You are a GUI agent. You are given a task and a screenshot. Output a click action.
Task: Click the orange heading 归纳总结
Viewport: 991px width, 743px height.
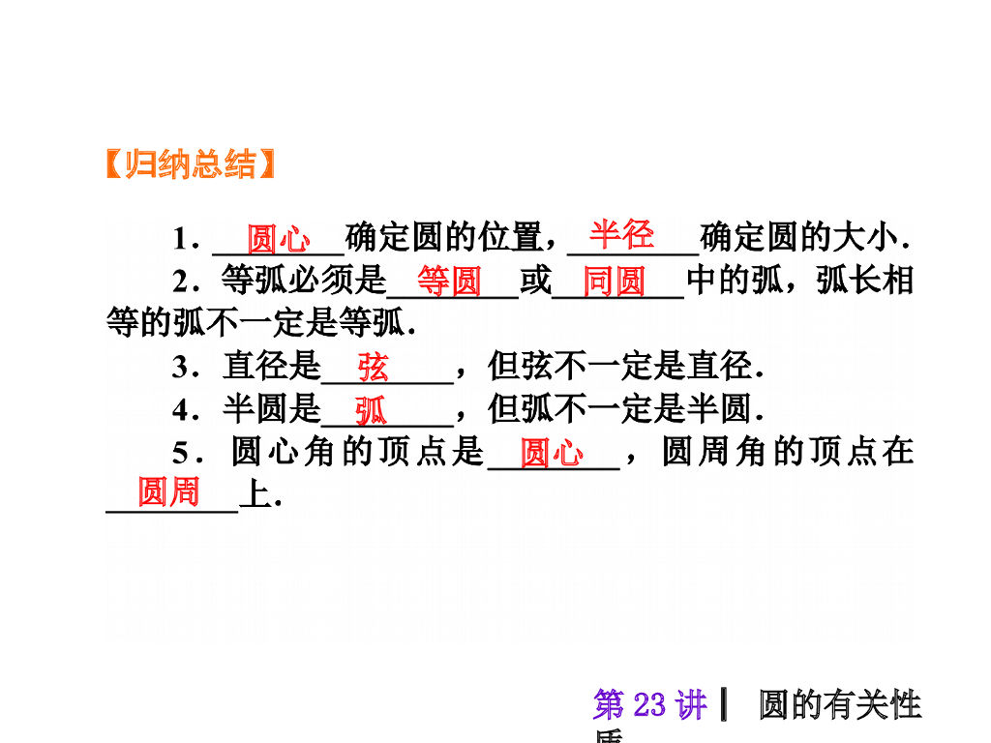(190, 164)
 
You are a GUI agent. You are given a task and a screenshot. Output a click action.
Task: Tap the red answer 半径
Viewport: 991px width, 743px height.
(622, 234)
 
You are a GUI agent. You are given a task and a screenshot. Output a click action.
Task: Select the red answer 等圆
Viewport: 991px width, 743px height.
(449, 282)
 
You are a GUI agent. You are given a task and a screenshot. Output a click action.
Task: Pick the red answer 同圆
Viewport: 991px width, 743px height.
(615, 282)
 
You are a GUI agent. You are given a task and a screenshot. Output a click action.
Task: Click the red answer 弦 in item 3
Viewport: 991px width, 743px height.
(373, 368)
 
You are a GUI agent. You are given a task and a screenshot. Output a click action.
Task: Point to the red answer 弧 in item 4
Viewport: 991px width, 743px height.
(370, 411)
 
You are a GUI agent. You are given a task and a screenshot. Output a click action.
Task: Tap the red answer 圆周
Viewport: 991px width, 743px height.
(168, 492)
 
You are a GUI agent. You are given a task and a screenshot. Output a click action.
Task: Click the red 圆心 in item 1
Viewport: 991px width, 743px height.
(279, 238)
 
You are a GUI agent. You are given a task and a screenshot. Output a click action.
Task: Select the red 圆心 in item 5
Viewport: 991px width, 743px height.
(553, 453)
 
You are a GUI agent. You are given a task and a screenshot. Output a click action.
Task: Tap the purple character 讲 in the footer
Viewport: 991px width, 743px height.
(692, 705)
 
